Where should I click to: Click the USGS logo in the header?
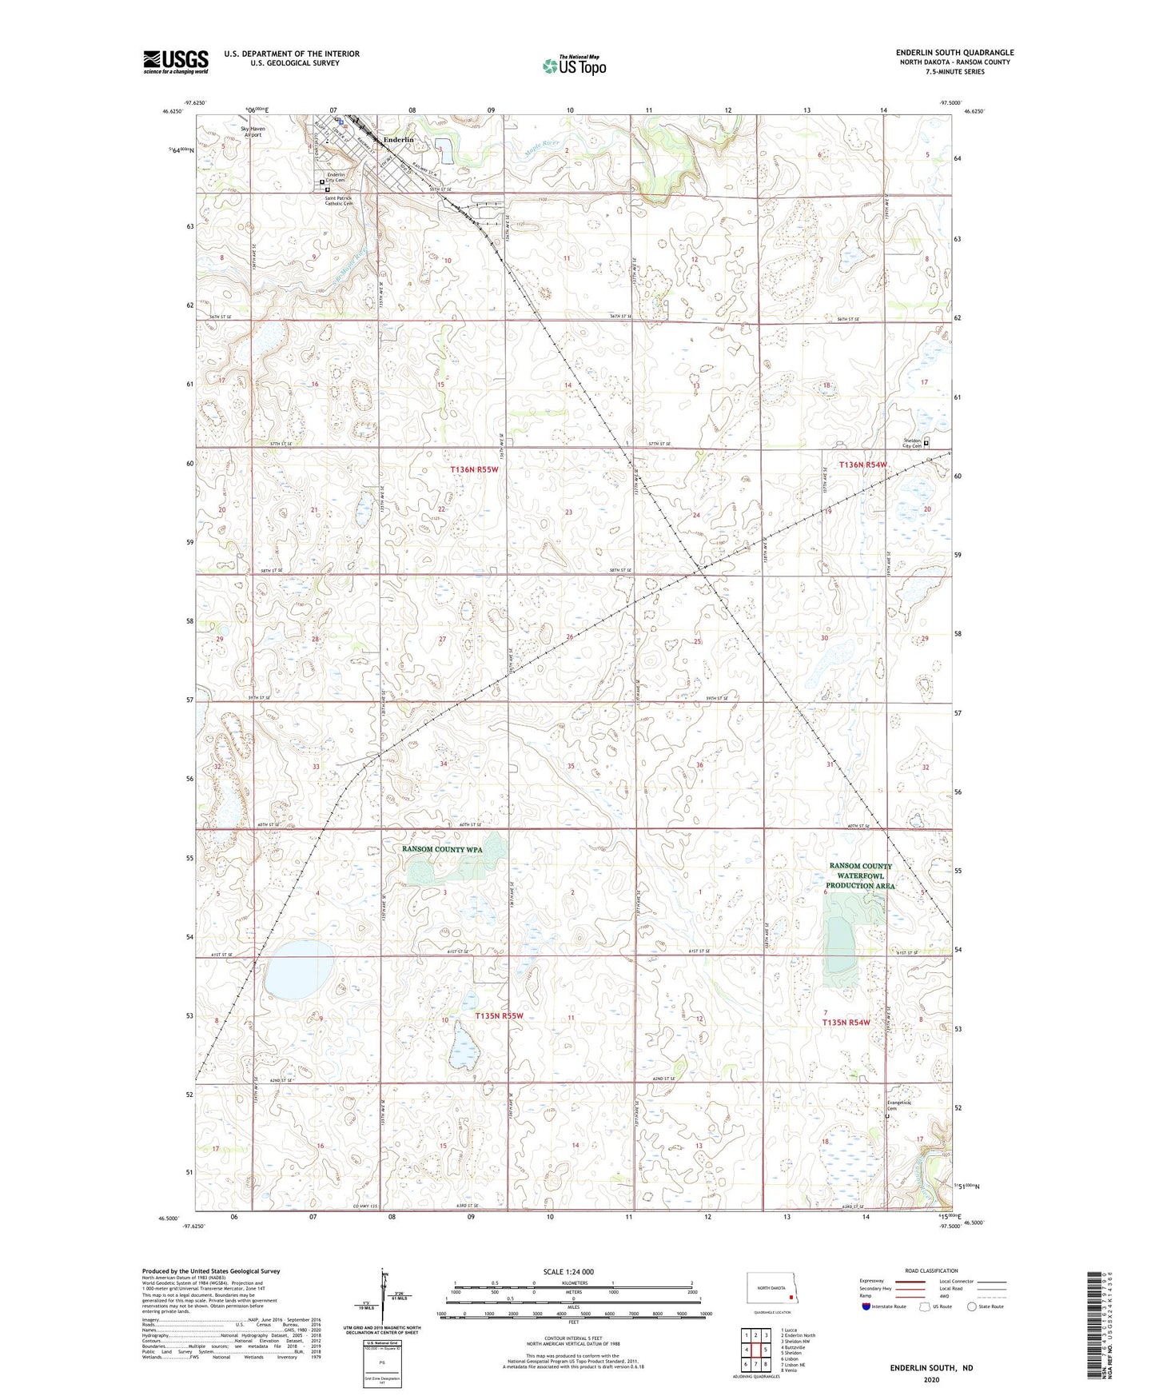tap(176, 61)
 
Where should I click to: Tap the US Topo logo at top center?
tap(573, 66)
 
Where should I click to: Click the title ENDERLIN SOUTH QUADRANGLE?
tap(954, 53)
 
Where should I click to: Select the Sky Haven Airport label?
tap(253, 131)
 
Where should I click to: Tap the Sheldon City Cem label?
tap(912, 443)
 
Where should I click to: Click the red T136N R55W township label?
tap(474, 469)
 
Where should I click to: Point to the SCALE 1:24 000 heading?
tap(568, 1271)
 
